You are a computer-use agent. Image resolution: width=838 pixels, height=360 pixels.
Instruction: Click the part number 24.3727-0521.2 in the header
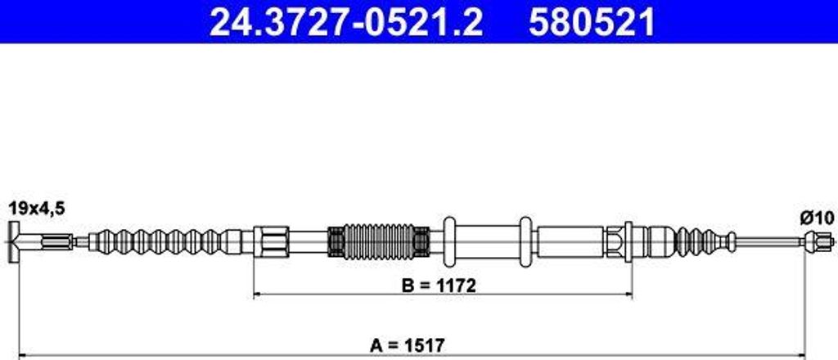point(346,23)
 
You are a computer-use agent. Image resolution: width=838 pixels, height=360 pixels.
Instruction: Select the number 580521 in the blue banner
point(592,23)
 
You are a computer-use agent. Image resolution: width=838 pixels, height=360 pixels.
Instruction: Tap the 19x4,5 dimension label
point(37,209)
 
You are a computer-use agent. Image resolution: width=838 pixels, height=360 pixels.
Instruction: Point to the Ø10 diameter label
point(817,218)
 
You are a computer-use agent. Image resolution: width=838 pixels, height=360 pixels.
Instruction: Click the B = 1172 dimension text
point(439,286)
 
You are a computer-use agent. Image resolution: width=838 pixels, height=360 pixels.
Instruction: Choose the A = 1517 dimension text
point(408,345)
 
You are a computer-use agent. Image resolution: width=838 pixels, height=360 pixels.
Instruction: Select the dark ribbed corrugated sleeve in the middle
point(378,241)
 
